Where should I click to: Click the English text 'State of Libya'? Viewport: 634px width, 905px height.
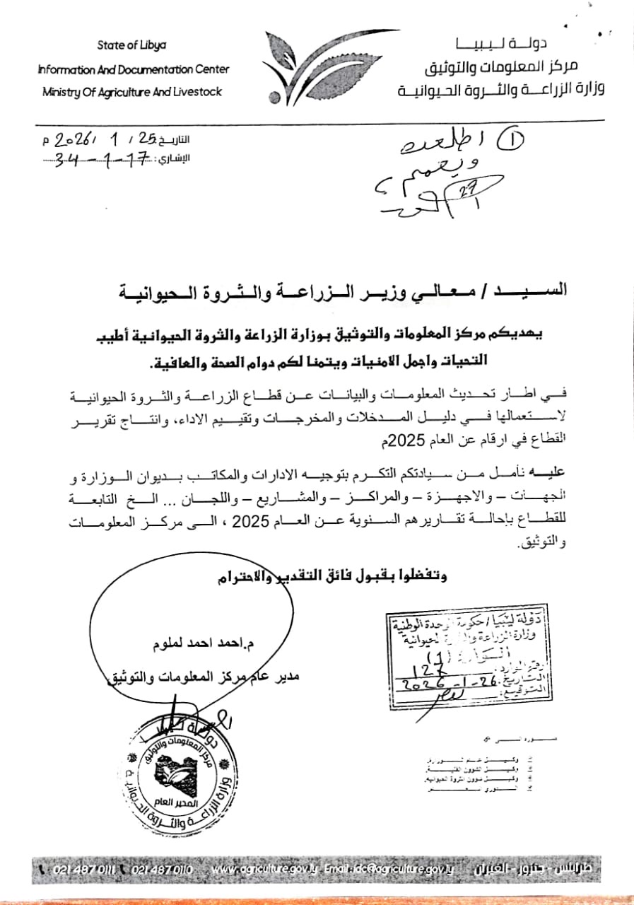tap(132, 45)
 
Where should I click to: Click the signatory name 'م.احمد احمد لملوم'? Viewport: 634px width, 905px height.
tap(184, 644)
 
